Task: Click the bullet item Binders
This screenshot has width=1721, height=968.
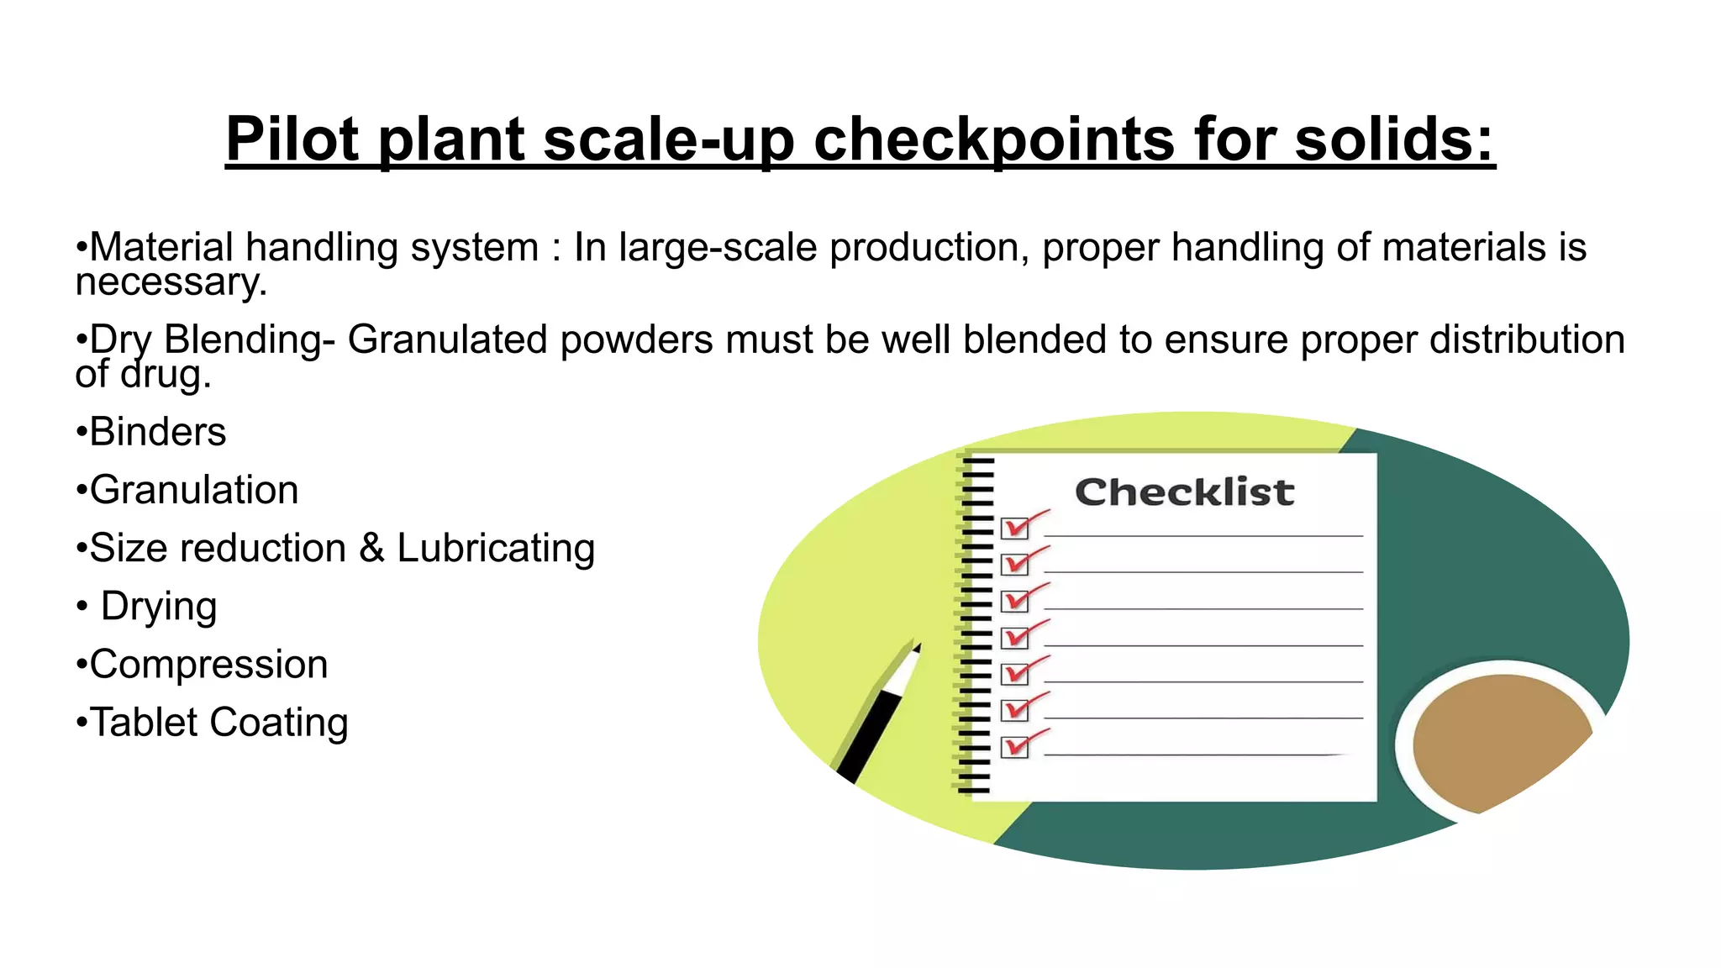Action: coord(157,432)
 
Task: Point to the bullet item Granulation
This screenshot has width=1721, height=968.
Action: coord(193,490)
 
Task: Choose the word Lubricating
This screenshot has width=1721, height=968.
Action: coord(496,548)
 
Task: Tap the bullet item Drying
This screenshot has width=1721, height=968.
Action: coord(159,606)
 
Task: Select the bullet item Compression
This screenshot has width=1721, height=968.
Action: coord(208,664)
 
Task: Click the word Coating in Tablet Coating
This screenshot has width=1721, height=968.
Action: coord(278,722)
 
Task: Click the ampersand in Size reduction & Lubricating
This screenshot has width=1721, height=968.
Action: coord(371,548)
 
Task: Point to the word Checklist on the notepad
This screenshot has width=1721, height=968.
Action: coord(1184,492)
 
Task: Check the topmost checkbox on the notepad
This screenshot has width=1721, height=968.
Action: coord(1015,528)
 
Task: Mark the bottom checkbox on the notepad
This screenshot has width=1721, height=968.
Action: coord(1015,747)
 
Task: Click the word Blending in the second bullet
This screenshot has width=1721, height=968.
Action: coord(243,339)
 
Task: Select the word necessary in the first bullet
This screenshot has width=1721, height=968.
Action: coord(171,282)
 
